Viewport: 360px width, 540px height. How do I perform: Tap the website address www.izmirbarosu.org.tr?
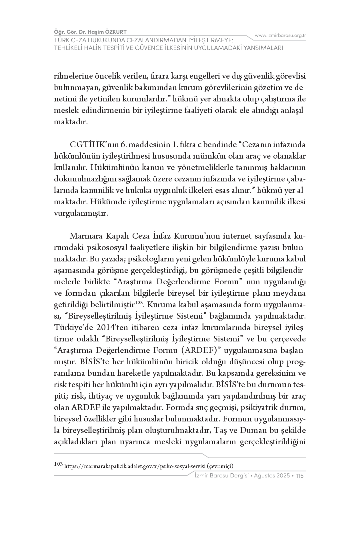(x=280, y=35)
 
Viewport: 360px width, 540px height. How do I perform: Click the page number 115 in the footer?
(x=300, y=476)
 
